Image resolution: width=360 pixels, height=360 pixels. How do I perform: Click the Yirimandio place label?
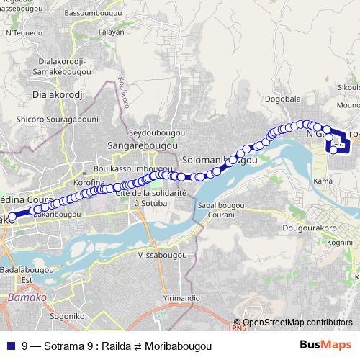click(x=181, y=297)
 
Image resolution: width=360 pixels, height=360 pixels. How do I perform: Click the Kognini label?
click(x=339, y=243)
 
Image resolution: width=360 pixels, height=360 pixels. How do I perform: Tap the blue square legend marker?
click(x=12, y=346)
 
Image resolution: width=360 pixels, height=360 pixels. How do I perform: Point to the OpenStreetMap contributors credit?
click(x=297, y=323)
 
